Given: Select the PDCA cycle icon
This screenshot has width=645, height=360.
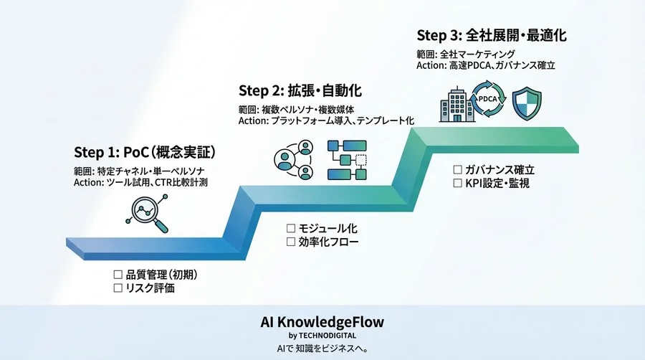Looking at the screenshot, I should [x=490, y=101].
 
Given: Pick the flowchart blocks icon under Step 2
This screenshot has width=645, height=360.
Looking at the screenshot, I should [x=346, y=159].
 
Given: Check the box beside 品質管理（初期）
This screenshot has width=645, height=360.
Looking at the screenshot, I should [x=118, y=275].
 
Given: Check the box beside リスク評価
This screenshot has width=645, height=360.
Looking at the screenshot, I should [x=118, y=288].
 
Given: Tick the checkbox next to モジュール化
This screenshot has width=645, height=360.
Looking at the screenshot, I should [x=291, y=228].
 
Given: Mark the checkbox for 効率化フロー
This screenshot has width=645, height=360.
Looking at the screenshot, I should [x=291, y=242].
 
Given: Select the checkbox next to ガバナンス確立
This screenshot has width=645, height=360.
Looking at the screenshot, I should [x=457, y=170].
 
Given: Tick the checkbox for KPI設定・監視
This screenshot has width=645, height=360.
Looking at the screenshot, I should [x=457, y=184].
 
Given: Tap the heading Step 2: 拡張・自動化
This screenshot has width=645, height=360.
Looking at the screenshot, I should [x=300, y=90].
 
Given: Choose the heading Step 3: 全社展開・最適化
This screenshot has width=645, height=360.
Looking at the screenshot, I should [x=486, y=34].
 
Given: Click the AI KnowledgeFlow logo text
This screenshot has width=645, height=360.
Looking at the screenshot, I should [x=322, y=321].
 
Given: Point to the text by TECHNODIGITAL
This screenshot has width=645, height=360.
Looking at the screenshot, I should [x=322, y=335].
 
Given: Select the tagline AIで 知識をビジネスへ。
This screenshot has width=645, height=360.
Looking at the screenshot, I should [x=322, y=349].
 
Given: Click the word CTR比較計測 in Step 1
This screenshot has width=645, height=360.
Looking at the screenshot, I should [x=183, y=183].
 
